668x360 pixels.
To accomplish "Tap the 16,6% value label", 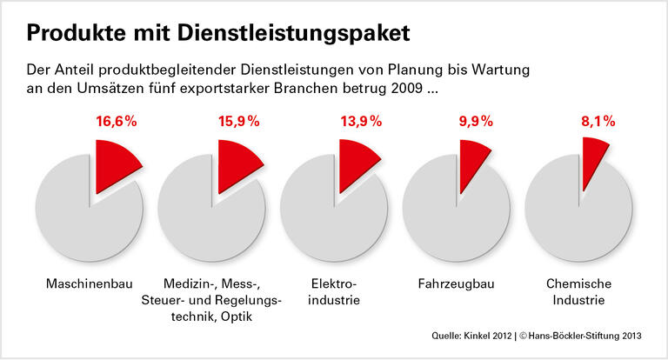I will coord(117,122).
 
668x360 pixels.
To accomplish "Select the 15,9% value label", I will coord(239,122).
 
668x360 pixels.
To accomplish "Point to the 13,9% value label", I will coord(361,122).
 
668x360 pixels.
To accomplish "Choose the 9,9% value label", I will coord(480,122).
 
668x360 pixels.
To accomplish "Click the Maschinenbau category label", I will coord(88,284).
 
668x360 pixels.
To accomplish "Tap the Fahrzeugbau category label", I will coord(453,284).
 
